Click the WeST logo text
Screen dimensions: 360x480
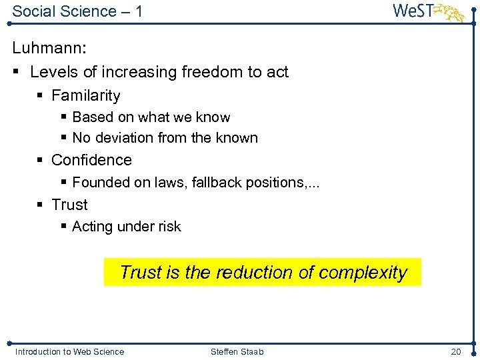pos(414,11)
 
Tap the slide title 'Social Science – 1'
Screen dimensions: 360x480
pos(77,11)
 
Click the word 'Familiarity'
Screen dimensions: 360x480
pos(85,95)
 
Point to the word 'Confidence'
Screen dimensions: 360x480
pos(91,160)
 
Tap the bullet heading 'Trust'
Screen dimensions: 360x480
pos(69,205)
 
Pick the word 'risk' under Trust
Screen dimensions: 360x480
pos(169,227)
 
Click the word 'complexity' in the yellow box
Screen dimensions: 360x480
pos(363,273)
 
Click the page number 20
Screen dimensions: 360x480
pos(456,351)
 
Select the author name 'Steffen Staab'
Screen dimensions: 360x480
pos(237,351)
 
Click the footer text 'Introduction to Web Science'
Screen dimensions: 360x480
pos(69,351)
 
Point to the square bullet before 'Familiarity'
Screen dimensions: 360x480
pos(40,96)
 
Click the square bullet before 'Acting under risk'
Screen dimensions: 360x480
pos(63,227)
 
